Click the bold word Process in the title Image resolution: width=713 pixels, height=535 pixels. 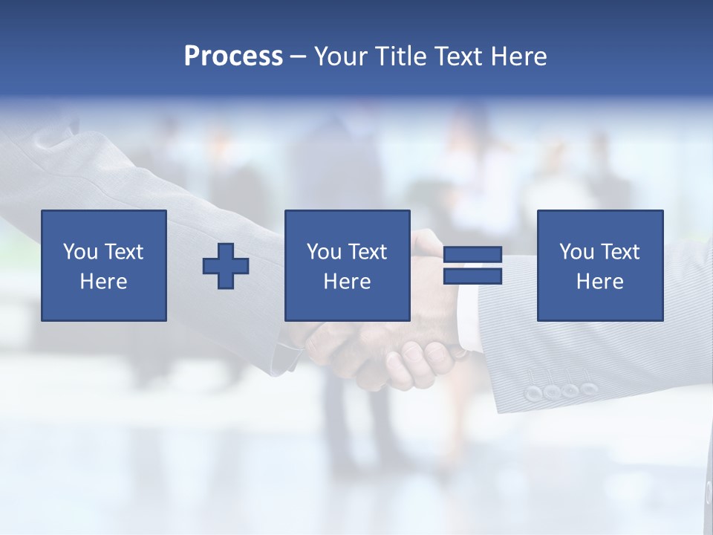tap(233, 56)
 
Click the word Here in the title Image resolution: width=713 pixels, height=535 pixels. tap(518, 56)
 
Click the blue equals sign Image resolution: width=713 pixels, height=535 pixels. tap(472, 266)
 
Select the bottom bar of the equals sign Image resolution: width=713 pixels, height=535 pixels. tap(472, 276)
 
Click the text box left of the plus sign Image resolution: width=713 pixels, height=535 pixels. tap(104, 266)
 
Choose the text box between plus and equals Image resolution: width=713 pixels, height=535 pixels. tap(347, 266)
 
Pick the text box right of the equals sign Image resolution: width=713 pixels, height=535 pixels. tap(599, 266)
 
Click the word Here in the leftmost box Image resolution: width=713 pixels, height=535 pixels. tap(104, 282)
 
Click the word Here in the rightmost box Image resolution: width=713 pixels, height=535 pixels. tap(599, 282)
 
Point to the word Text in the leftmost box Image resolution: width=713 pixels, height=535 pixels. tap(123, 252)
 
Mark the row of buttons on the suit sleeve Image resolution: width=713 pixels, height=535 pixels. tap(561, 391)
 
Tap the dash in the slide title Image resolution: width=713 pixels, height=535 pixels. tap(299, 56)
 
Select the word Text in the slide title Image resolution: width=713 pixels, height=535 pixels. tap(456, 56)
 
